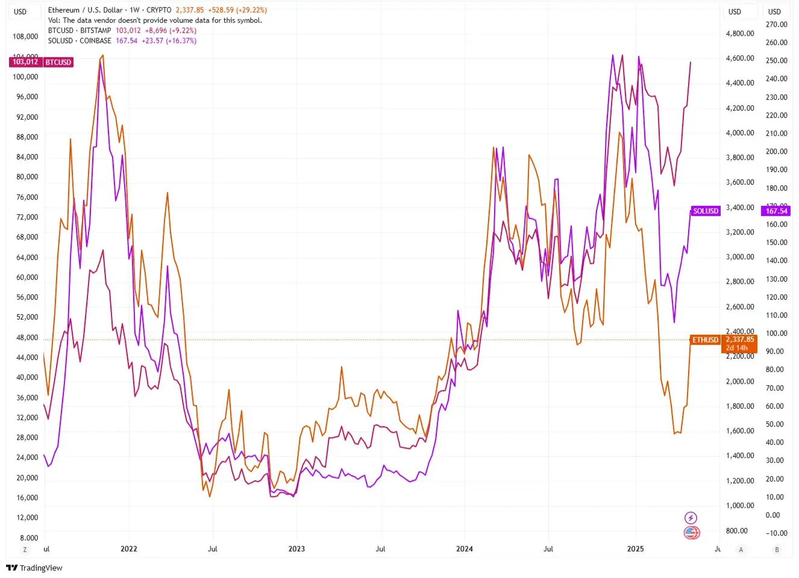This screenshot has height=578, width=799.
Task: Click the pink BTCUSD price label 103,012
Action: pos(25,62)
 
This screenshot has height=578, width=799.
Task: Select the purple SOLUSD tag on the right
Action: pos(705,211)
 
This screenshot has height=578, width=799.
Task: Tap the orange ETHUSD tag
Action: pos(705,340)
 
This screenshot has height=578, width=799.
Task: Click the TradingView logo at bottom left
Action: pos(34,568)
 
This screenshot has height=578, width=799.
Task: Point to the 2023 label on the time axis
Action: pos(296,549)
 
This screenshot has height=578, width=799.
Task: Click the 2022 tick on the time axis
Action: pos(128,549)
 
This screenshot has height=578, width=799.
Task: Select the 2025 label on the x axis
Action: pos(635,549)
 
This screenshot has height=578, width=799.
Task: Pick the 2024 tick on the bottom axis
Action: pos(464,549)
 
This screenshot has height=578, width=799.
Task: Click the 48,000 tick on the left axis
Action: pos(27,338)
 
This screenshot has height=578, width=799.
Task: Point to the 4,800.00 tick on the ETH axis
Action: pos(740,34)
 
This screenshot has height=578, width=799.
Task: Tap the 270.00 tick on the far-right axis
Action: pos(776,25)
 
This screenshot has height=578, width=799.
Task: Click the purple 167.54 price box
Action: pos(776,211)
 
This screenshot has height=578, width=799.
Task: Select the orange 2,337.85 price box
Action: pos(739,340)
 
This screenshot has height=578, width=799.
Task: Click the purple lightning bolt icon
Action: pos(691,518)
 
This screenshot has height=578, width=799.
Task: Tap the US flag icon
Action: pos(691,533)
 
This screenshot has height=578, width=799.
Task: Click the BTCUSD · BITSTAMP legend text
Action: pos(80,31)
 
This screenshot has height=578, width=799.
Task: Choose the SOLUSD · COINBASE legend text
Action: pos(80,41)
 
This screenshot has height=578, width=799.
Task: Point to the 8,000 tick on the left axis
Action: pos(28,538)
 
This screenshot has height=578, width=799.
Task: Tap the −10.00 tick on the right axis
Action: pos(776,533)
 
